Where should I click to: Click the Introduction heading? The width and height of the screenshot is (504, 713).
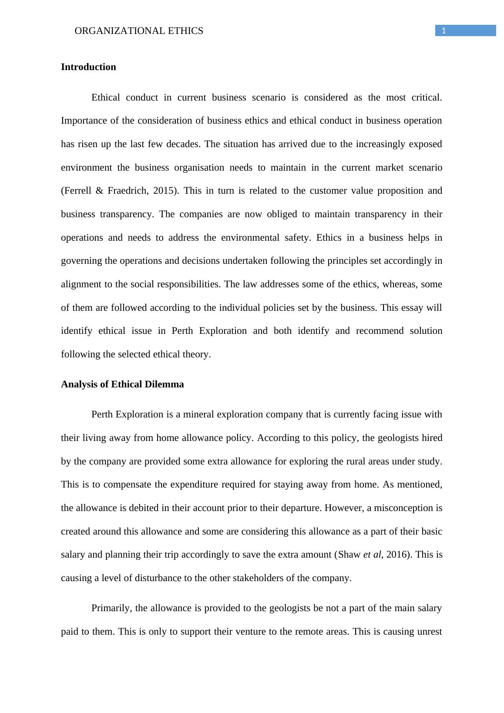coord(88,67)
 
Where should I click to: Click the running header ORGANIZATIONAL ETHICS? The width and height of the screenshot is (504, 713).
coord(139,31)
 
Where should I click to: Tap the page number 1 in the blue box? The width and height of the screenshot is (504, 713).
coord(444,30)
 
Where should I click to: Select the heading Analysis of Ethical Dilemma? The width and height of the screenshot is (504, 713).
coord(122,384)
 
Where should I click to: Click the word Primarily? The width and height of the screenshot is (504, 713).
coord(111,608)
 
